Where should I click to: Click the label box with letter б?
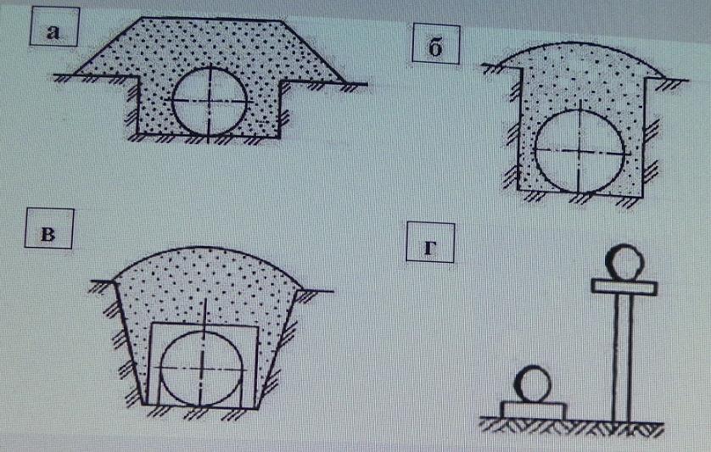[x=436, y=43]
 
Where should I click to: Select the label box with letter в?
[x=49, y=228]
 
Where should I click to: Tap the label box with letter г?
[x=430, y=242]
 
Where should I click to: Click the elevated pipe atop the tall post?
[x=624, y=263]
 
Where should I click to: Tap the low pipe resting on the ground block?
[x=532, y=384]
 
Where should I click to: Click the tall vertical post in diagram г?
[x=622, y=358]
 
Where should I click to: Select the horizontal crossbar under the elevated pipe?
[x=624, y=287]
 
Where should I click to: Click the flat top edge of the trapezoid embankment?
[x=212, y=19]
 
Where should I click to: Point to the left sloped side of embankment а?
[x=108, y=45]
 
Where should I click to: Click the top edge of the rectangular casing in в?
[x=204, y=325]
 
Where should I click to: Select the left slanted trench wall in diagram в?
[x=129, y=343]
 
